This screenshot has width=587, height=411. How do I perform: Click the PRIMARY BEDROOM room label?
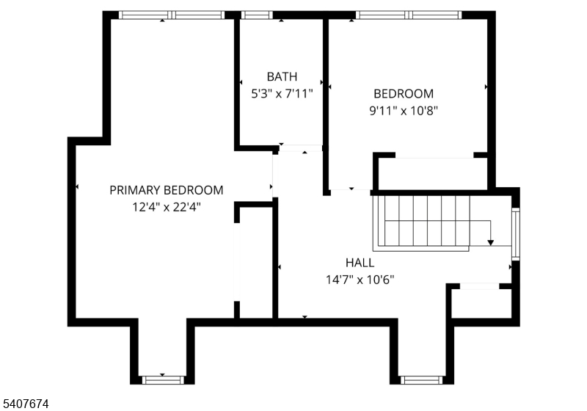click(x=167, y=190)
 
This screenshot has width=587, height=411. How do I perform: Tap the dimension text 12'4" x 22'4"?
click(x=167, y=207)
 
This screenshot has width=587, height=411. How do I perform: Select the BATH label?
click(x=282, y=76)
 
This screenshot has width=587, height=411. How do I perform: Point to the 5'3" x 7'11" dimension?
click(x=282, y=94)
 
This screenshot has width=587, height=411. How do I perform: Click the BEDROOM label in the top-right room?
click(x=404, y=94)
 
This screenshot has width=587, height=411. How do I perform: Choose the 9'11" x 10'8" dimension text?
click(x=404, y=111)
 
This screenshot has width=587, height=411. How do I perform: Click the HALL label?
click(x=360, y=263)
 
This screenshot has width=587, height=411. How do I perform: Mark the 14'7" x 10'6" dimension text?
click(x=360, y=280)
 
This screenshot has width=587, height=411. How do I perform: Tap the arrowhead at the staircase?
click(x=491, y=242)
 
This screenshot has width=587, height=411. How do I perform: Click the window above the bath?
click(x=257, y=15)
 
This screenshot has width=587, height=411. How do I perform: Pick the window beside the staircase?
click(x=515, y=234)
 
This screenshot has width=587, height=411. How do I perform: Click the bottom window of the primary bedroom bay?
click(x=162, y=379)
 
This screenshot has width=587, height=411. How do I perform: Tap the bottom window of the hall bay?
click(x=422, y=379)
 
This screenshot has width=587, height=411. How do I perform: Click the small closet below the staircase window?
click(x=481, y=302)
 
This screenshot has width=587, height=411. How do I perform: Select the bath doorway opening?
click(x=300, y=149)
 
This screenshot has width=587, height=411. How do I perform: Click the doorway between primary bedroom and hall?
click(x=273, y=176)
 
